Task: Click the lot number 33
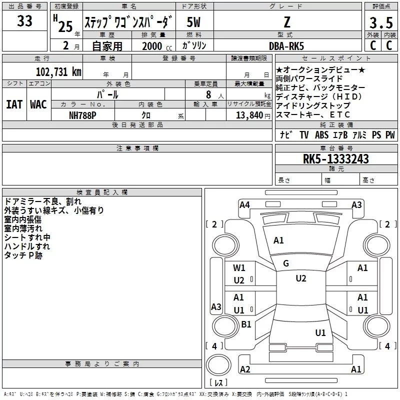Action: point(24,22)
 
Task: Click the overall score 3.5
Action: point(380,23)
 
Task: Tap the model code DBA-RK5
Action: point(286,46)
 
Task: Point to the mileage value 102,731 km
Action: point(59,71)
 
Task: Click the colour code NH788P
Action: point(83,115)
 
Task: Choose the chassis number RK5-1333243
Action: point(335,159)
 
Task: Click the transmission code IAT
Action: point(14,104)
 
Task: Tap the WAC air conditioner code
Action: point(38,104)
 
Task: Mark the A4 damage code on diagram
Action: point(244,204)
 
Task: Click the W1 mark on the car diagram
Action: point(239,267)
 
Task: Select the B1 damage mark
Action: point(246,324)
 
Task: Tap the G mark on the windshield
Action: point(285,263)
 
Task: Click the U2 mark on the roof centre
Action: point(300,278)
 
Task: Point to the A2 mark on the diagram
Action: point(245,369)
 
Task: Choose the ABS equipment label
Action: point(322,135)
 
